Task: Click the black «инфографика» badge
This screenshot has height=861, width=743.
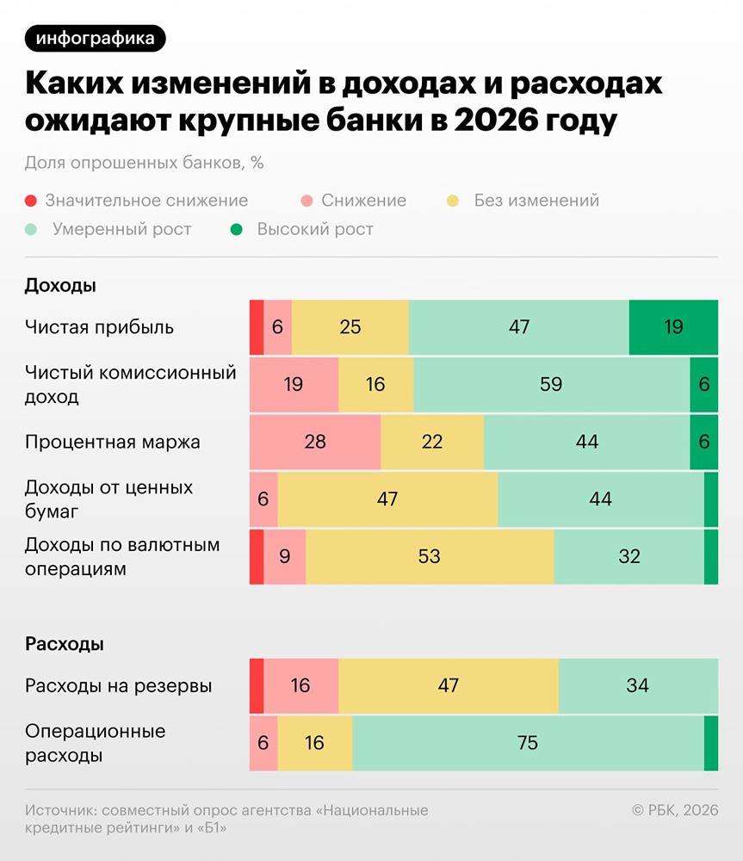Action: [x=96, y=39]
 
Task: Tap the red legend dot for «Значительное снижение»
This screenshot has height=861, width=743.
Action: [x=31, y=201]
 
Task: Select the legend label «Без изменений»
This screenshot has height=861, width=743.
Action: [x=536, y=201]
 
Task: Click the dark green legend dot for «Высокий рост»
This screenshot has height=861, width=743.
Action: [x=236, y=230]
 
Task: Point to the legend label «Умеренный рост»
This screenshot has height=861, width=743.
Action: [x=121, y=230]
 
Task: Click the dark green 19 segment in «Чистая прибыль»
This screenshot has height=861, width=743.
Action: [x=673, y=327]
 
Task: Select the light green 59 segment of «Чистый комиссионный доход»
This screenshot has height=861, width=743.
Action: [x=551, y=384]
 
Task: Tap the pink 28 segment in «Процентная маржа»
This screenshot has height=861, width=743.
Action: [x=315, y=442]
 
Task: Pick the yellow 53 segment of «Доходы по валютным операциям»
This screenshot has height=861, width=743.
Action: [x=429, y=556]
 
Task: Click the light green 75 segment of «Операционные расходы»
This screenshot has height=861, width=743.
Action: [x=528, y=742]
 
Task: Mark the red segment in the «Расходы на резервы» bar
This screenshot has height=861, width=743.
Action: [x=257, y=685]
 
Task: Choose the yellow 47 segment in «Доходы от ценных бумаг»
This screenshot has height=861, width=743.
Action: [x=387, y=499]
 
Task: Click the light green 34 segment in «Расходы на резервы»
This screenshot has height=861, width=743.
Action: [x=638, y=685]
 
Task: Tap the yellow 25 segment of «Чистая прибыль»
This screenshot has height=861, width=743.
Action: [x=350, y=327]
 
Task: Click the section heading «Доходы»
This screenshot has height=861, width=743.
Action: [x=60, y=285]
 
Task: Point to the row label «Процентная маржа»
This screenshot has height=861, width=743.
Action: [x=113, y=443]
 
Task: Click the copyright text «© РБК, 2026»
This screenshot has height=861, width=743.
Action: [x=674, y=810]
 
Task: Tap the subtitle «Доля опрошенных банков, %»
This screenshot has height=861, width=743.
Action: [x=144, y=163]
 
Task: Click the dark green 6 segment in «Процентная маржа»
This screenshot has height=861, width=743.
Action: [x=703, y=442]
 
